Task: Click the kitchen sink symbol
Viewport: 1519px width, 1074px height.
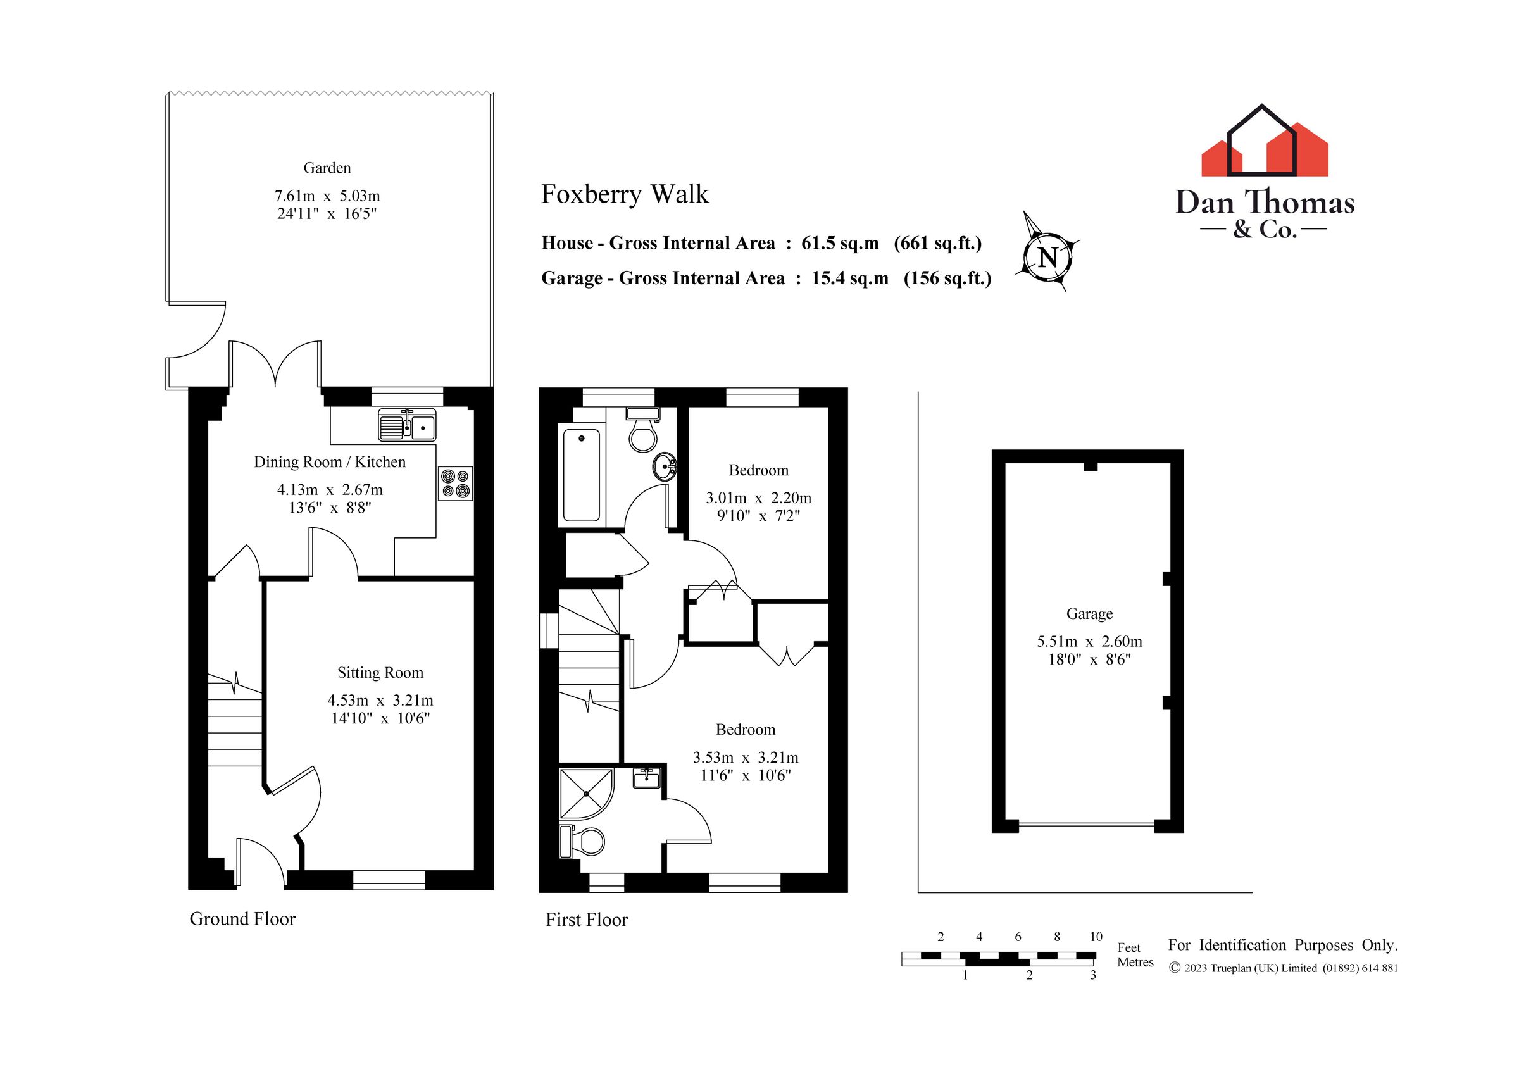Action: [407, 425]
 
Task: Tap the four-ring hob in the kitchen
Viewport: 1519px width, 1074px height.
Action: [456, 483]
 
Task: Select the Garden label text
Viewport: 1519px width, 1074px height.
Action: [327, 168]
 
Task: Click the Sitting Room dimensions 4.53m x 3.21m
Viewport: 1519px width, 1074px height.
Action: [380, 700]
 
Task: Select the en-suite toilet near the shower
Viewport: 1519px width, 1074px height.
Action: [583, 841]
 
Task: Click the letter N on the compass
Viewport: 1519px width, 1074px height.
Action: [1047, 257]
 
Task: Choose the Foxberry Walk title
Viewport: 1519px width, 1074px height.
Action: [625, 194]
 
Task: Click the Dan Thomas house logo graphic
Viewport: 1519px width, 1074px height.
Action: [1265, 142]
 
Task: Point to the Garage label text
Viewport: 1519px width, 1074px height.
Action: [1089, 614]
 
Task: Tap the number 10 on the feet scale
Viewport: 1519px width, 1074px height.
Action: [1096, 937]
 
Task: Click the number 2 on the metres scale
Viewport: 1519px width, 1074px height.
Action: [1029, 975]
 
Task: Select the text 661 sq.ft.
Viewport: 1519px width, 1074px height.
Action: [937, 244]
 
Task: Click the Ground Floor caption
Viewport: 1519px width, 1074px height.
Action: [242, 919]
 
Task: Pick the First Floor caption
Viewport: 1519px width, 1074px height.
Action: [586, 920]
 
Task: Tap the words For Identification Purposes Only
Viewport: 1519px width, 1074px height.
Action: [1282, 945]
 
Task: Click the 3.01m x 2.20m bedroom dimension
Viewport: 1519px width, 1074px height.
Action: [758, 497]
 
